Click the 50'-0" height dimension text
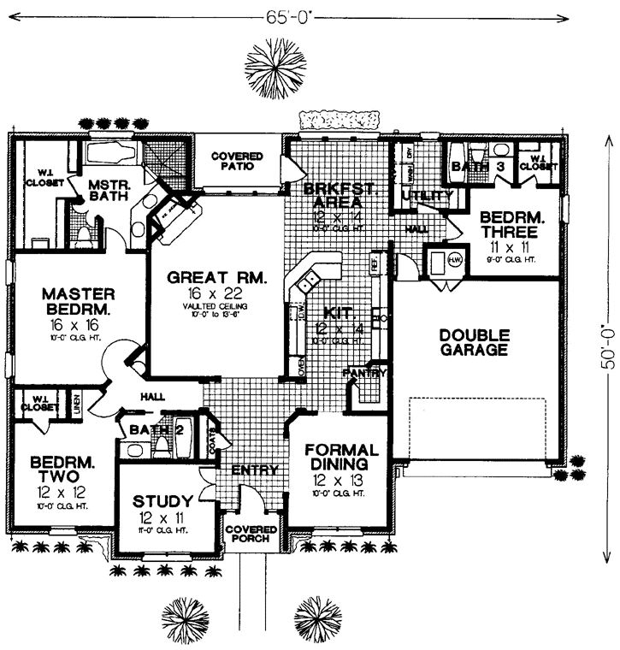click(608, 345)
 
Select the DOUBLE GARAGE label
click(474, 341)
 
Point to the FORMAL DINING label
click(341, 458)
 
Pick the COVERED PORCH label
click(251, 535)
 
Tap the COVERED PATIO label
click(238, 162)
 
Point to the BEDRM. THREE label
click(508, 224)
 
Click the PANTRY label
click(365, 374)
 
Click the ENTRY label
click(255, 470)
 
